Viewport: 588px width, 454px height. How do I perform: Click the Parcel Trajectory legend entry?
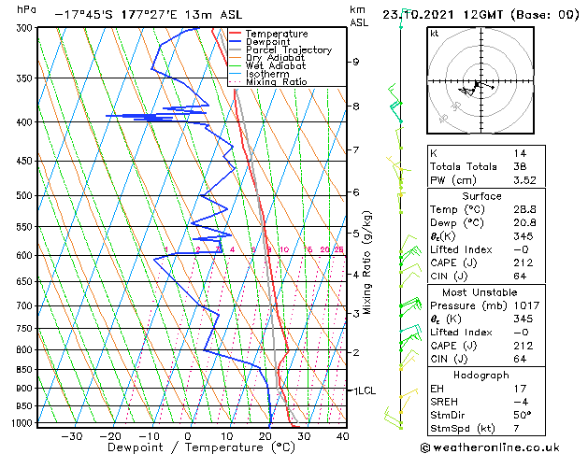288,50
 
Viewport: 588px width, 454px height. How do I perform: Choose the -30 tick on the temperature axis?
72,435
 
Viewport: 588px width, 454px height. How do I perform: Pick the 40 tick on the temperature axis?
343,435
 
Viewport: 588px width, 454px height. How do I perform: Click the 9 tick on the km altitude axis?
355,62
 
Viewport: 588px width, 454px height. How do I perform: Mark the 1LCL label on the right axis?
362,390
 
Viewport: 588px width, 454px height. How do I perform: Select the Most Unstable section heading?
481,291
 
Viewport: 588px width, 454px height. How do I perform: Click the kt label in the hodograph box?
435,33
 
